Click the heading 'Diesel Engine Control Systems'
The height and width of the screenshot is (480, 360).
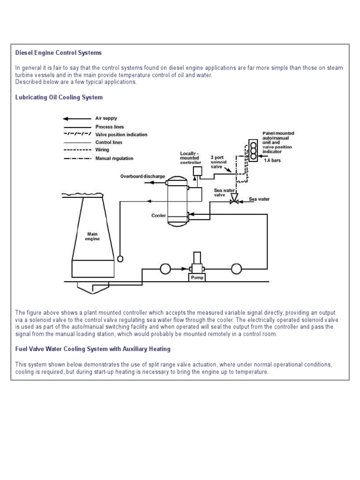[58, 52]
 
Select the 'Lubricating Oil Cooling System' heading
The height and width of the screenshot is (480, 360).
[59, 97]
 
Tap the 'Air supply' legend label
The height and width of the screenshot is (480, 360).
[106, 119]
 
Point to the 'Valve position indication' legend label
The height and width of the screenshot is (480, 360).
[121, 135]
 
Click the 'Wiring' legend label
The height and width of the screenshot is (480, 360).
[102, 150]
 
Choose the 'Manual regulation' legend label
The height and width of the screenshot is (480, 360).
[114, 158]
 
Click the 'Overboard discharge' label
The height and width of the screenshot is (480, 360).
[142, 176]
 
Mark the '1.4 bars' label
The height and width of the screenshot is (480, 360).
[272, 160]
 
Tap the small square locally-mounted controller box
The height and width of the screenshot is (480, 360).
[197, 171]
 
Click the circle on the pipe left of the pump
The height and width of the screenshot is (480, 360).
[165, 269]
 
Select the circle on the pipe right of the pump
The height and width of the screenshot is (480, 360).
[236, 269]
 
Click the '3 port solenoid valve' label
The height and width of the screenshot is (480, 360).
[218, 162]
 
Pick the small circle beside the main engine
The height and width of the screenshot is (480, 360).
[120, 258]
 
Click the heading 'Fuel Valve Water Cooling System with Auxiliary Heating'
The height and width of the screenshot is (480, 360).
[93, 349]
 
